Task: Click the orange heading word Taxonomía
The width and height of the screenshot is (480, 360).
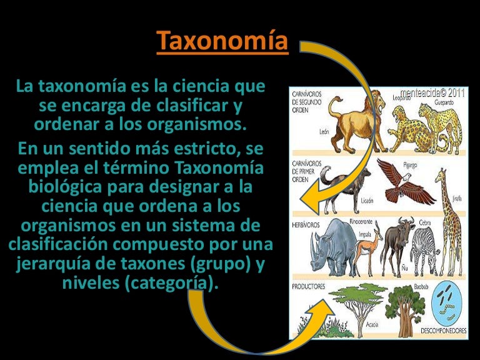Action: pyautogui.click(x=222, y=42)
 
